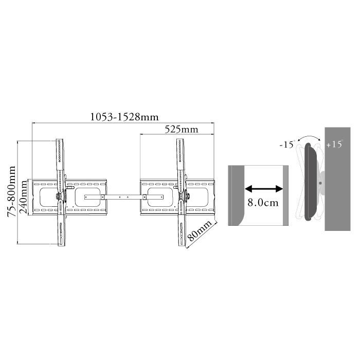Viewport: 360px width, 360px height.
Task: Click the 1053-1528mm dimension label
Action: click(x=124, y=117)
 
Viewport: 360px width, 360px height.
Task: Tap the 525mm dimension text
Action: click(x=182, y=130)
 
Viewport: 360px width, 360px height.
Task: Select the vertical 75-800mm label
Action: click(x=11, y=191)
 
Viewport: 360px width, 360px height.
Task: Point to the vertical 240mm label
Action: click(x=24, y=197)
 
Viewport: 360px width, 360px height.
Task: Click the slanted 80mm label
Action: click(x=200, y=230)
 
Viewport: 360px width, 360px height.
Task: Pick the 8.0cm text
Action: click(x=263, y=203)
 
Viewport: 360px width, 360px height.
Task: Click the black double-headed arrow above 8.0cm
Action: click(x=264, y=189)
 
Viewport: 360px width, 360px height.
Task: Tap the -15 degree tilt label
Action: click(x=287, y=144)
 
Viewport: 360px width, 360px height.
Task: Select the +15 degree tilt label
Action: click(x=334, y=144)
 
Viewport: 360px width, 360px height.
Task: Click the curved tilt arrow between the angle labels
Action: click(x=309, y=137)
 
